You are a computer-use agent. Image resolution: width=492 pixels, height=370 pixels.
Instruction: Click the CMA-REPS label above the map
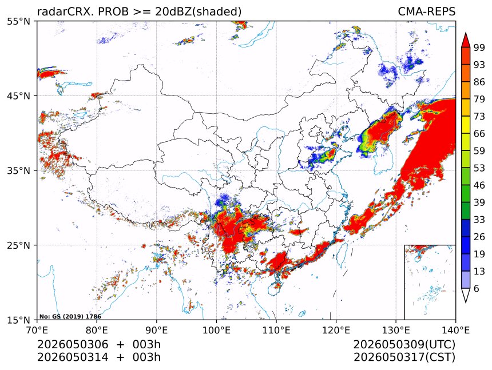tap(426, 11)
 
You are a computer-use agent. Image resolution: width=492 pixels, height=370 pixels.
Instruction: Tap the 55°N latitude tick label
tap(18, 21)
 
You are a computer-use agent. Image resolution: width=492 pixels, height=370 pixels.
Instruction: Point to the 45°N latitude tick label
tap(18, 96)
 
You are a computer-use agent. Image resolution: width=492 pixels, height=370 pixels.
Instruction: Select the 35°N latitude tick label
tap(18, 170)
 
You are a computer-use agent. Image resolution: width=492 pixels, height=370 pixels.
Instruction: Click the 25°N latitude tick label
tap(18, 245)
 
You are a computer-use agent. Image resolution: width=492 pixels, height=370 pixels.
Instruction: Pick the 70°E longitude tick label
tap(37, 330)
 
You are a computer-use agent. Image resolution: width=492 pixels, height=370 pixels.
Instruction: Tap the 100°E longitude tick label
tap(216, 330)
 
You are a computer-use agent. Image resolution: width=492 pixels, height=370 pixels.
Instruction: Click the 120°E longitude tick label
tap(336, 330)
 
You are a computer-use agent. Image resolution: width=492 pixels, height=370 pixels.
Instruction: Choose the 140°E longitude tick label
tap(455, 330)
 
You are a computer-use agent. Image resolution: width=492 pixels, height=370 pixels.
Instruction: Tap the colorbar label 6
tap(477, 288)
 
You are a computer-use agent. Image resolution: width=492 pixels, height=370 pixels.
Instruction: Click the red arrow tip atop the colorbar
tap(466, 33)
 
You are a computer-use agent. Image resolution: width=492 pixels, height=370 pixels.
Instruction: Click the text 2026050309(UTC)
tap(404, 344)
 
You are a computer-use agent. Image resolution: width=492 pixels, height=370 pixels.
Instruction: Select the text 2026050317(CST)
tap(404, 357)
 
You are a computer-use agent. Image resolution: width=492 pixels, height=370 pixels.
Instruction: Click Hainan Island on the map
tap(277, 285)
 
